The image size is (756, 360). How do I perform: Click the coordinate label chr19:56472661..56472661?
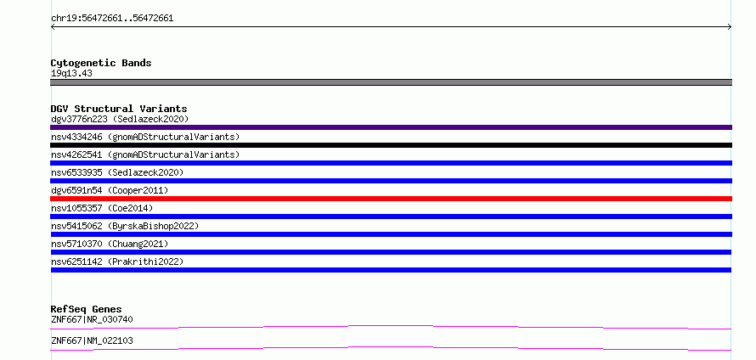(112, 19)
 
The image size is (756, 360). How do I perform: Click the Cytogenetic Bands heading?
(101, 63)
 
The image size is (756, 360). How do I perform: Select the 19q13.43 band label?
(71, 74)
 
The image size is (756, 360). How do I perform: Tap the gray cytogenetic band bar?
(391, 82)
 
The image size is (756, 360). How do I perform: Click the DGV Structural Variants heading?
(119, 109)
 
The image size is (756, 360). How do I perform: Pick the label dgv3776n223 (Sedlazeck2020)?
(120, 119)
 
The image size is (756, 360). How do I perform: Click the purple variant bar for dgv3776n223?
(391, 127)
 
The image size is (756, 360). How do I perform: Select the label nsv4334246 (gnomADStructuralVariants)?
(145, 137)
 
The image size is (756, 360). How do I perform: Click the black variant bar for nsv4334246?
(391, 145)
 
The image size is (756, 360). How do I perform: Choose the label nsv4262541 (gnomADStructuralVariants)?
(145, 155)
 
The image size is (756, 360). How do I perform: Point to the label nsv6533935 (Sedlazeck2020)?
(117, 172)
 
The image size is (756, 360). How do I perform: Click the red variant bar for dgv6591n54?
(391, 199)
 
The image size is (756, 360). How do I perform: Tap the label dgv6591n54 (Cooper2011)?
(110, 190)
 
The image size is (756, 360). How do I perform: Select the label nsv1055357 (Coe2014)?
(102, 208)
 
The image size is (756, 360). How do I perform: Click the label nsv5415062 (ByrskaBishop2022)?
(125, 226)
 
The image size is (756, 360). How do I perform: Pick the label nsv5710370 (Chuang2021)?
(110, 244)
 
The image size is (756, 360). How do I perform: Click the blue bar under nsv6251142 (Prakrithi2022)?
(391, 270)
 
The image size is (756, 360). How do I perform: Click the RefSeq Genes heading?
(87, 309)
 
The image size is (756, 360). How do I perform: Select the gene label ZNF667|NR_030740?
(92, 319)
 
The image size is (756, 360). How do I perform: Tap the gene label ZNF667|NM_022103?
(92, 340)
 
